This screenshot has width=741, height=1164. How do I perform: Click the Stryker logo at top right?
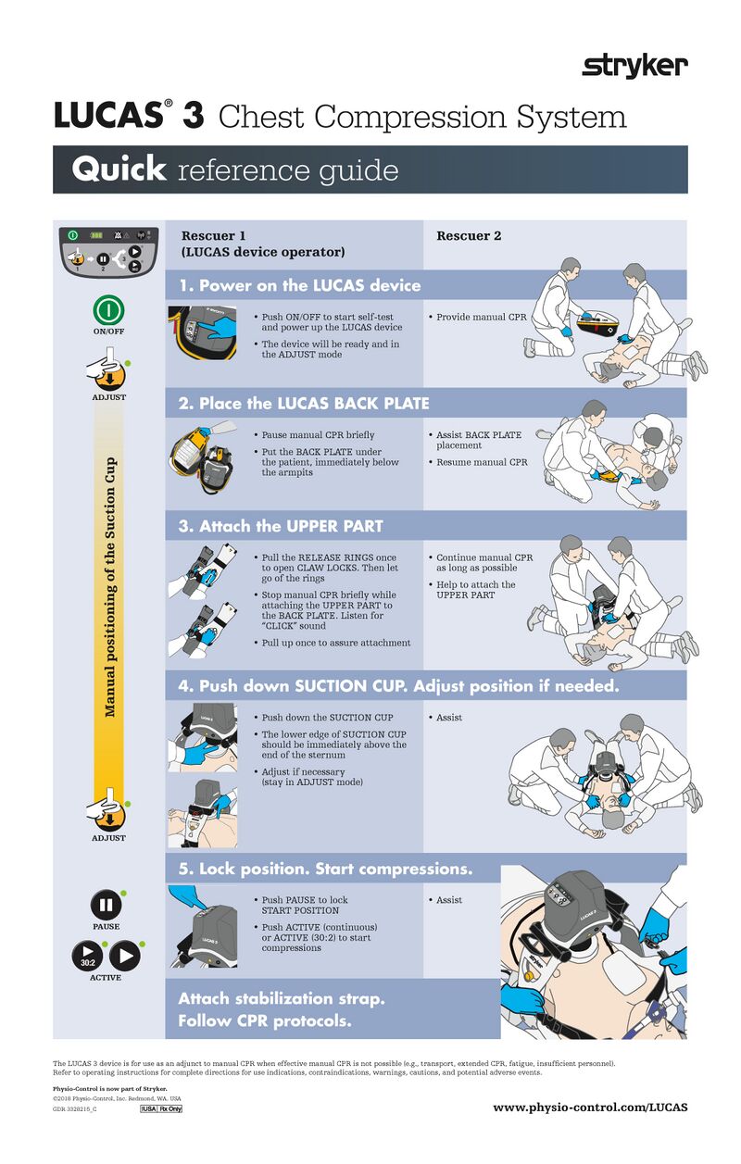coord(634,66)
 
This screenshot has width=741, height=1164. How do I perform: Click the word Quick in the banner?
coord(119,169)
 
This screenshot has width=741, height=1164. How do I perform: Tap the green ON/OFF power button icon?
coord(108,309)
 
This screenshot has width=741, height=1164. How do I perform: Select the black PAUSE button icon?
coord(105,904)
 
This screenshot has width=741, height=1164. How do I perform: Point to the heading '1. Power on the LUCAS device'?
coord(299,285)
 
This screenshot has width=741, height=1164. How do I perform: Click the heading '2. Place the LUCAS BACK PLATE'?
coord(304,403)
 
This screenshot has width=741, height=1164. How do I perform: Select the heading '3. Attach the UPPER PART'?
coord(281,526)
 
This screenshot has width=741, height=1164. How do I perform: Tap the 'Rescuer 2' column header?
coord(469,236)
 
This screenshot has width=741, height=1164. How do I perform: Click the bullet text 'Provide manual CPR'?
coord(481,318)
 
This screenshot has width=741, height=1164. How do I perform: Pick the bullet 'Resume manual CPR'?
coord(482,462)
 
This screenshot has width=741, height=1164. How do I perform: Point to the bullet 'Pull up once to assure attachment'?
coord(335,643)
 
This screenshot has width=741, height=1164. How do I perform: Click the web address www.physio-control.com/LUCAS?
coord(590,1107)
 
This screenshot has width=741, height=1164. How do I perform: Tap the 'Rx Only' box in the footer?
coord(170,1109)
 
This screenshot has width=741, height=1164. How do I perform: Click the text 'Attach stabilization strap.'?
coord(281,998)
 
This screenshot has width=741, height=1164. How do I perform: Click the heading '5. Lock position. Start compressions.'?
coord(325,869)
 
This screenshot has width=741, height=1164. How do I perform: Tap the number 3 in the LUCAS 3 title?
coord(193,117)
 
